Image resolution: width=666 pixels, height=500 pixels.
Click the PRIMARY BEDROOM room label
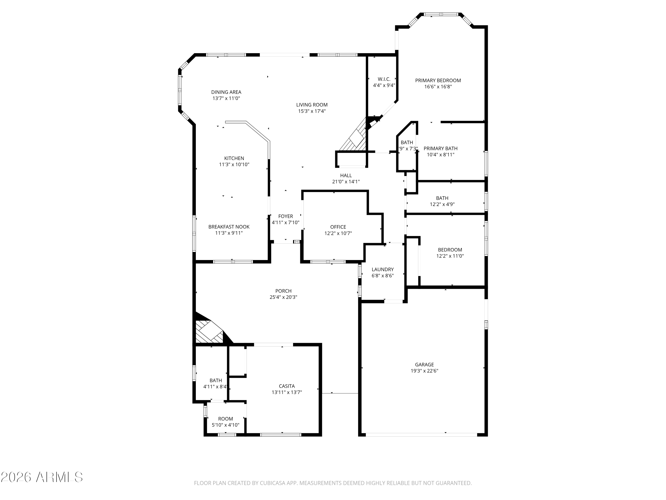[x=438, y=80]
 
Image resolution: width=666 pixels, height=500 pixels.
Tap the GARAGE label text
[x=424, y=365]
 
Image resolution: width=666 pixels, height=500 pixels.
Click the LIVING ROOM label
[x=312, y=105]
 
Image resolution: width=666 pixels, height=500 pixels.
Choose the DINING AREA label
[x=226, y=92]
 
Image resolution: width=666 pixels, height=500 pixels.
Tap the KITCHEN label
[x=234, y=158]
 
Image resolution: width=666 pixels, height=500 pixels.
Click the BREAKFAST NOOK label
[x=229, y=227]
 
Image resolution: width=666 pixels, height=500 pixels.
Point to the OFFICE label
[x=338, y=227]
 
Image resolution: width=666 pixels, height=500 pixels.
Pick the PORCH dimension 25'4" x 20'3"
[x=283, y=297]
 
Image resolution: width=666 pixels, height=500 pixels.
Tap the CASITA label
[x=287, y=386]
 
